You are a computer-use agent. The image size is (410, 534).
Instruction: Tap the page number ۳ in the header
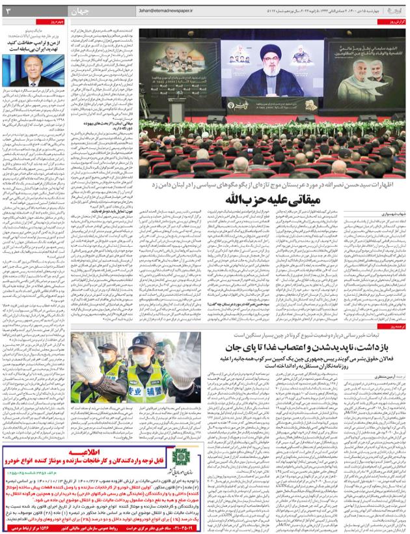(x=8, y=11)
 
